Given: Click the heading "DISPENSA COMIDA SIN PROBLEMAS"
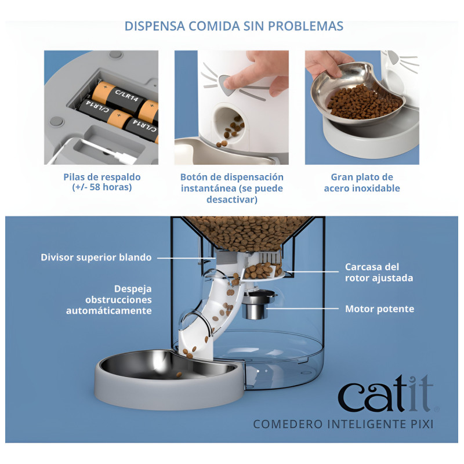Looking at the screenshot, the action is tap(234, 26).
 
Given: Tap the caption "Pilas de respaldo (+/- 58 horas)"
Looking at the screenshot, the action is tap(102, 182).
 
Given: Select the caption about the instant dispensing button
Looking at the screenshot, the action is tap(231, 188).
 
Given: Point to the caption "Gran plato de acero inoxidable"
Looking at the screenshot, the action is tap(362, 183).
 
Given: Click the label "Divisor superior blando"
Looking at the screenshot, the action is tap(96, 257).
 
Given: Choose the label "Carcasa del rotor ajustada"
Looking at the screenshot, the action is tap(379, 272).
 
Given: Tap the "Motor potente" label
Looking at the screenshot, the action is tap(380, 309).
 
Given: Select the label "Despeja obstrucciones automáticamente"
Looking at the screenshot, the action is tap(109, 299).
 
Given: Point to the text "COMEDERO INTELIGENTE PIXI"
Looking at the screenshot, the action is tap(343, 424).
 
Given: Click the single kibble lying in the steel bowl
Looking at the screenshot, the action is tap(179, 375).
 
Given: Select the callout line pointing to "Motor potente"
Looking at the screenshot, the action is tap(302, 309).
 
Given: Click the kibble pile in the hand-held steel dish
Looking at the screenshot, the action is tap(365, 101).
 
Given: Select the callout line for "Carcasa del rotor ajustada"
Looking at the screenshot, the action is tap(312, 271).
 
